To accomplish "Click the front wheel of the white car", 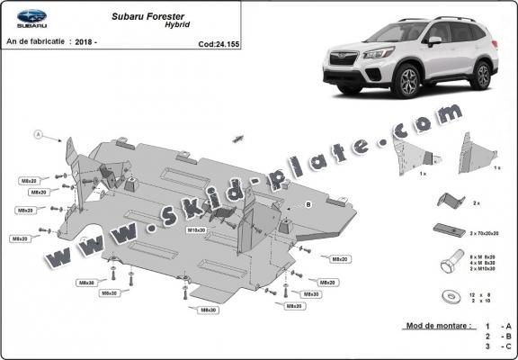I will click(x=406, y=84).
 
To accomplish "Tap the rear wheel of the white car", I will click(x=485, y=76).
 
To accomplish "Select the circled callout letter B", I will click(x=307, y=205).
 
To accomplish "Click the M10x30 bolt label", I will click(x=196, y=230).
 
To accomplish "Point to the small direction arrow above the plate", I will click(x=238, y=138).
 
